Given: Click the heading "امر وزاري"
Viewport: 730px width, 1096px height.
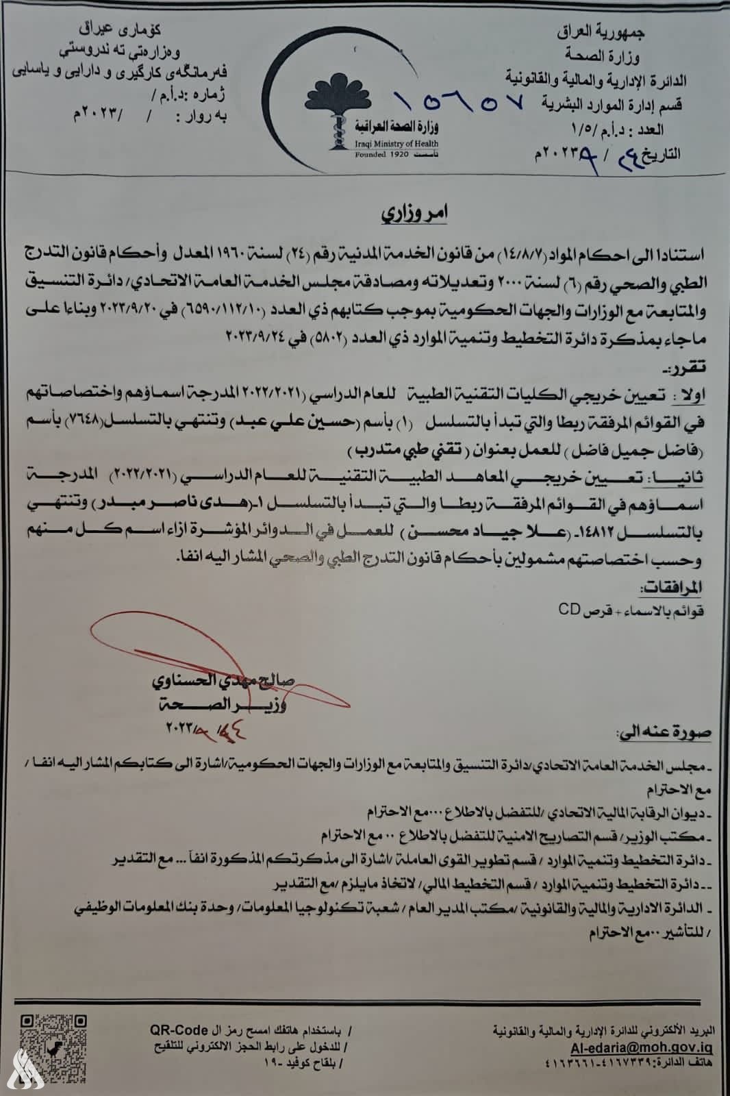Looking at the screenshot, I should coord(415,213).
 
